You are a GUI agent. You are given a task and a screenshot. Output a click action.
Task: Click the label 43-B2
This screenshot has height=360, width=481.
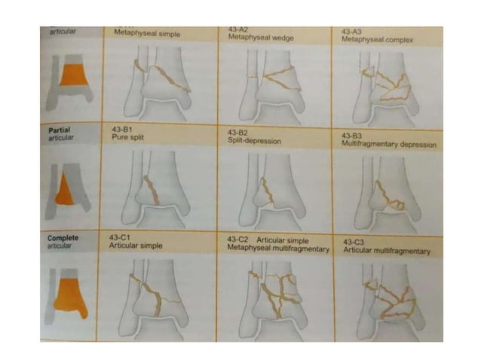click(239, 133)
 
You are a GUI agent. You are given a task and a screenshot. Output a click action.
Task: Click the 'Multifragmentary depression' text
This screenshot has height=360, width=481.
click(388, 142)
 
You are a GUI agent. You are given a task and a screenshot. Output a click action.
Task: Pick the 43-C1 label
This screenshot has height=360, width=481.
click(123, 237)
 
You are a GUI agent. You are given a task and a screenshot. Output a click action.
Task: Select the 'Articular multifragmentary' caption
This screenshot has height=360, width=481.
click(386, 251)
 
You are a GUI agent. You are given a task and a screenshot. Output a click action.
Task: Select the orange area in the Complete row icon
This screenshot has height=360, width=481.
click(69, 289)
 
